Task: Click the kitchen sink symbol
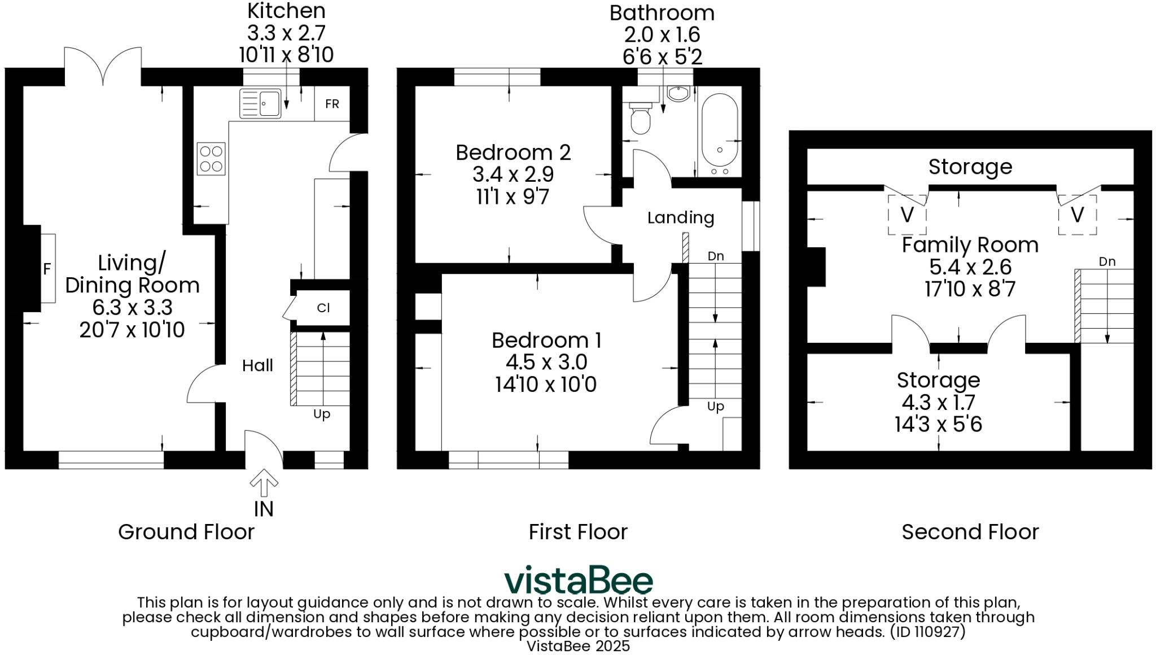tap(260, 104)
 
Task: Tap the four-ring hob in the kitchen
tap(211, 159)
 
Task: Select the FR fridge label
tap(332, 104)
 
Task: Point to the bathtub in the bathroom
tap(719, 134)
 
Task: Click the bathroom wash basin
tap(678, 93)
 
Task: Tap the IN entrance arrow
tap(264, 483)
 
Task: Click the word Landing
tap(680, 218)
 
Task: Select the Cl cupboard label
tap(323, 308)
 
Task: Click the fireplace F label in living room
tap(47, 269)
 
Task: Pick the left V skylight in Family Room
tap(907, 215)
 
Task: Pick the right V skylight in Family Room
tap(1077, 215)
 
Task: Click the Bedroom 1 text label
tap(546, 340)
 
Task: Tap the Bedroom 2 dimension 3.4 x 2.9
tap(513, 174)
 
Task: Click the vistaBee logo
tap(578, 580)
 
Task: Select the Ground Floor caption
tap(186, 532)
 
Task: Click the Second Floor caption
tap(970, 532)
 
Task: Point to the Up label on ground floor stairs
tap(322, 414)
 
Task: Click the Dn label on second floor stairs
tap(1107, 262)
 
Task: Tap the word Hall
tap(257, 366)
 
